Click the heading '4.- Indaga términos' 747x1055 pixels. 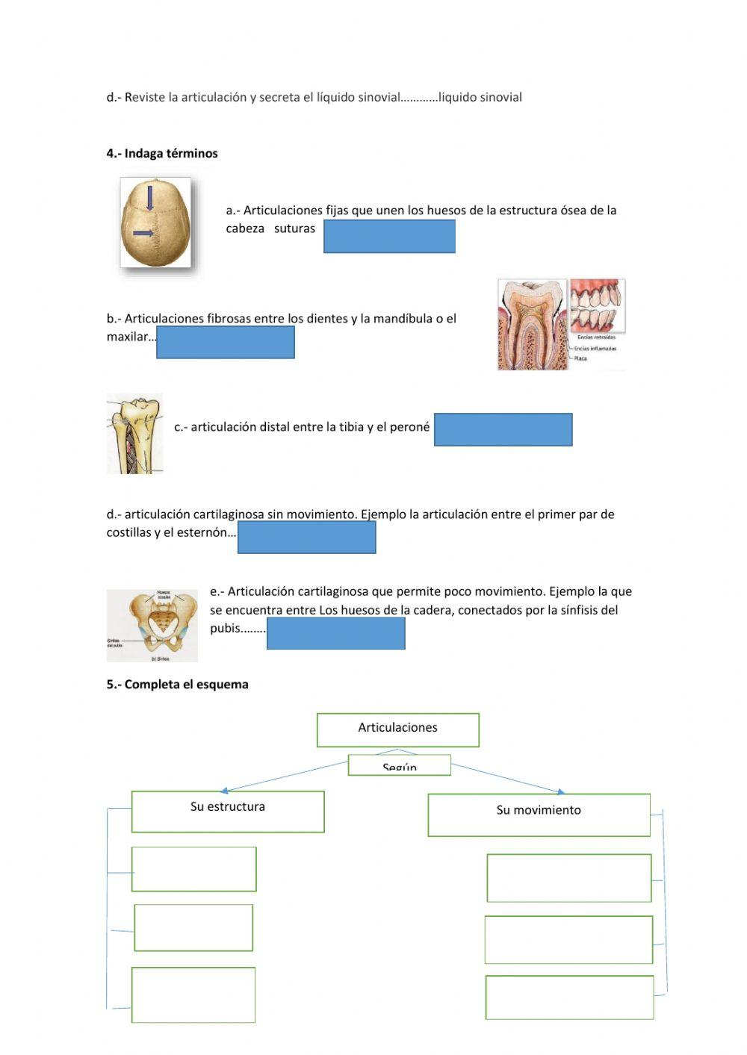pos(162,153)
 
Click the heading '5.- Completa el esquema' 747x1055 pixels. pos(177,684)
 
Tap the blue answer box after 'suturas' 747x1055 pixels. pos(389,237)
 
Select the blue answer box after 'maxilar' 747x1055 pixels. pos(226,343)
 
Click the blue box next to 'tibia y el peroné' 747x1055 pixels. pos(503,429)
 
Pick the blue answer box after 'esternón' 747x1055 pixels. pos(306,538)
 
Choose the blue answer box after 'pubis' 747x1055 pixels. pos(335,634)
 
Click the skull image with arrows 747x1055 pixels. pos(156,222)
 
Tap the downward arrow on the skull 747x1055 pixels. pos(150,198)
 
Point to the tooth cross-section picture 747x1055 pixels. pos(533,325)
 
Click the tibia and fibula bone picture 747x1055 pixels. pos(134,434)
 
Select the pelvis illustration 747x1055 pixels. pos(152,626)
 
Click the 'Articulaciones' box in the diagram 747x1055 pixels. pos(397,729)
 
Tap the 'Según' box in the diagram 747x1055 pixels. pos(400,765)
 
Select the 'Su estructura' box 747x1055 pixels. pos(228,811)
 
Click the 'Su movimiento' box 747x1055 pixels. pos(539,815)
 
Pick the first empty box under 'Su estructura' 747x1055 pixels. pos(194,868)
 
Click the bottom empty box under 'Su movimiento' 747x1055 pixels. pos(569,997)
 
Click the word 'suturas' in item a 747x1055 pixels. pos(294,228)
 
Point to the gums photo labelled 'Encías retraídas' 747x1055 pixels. pos(598,306)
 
